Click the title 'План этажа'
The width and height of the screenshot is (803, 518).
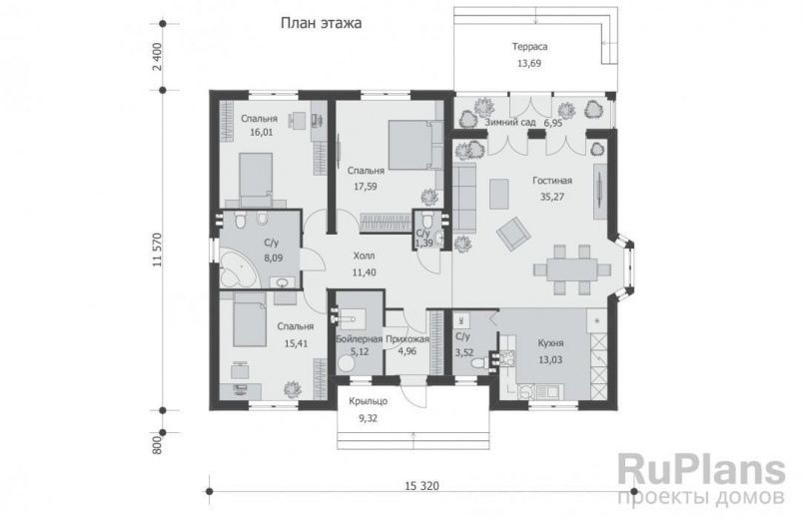click(x=321, y=23)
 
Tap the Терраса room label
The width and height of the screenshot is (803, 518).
click(x=529, y=47)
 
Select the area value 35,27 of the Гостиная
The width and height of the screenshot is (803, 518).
click(x=552, y=196)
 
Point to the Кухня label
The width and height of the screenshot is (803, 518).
click(x=550, y=343)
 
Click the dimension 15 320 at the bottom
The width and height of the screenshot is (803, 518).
click(x=422, y=486)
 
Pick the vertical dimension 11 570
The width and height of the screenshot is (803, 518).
click(x=157, y=250)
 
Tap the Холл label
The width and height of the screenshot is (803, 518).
click(x=364, y=256)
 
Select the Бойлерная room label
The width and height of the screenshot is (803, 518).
click(x=360, y=339)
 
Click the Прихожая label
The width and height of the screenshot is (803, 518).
click(x=407, y=339)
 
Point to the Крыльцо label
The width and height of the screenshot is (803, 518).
click(x=369, y=401)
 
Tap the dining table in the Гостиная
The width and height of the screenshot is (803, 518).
click(x=571, y=269)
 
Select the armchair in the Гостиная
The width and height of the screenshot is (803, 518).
click(x=513, y=234)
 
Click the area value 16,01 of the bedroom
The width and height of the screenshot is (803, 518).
click(x=262, y=132)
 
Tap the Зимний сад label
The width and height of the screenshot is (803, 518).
click(x=510, y=123)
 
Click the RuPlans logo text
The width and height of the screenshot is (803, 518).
click(x=701, y=469)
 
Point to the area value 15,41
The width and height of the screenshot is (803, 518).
click(x=296, y=343)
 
